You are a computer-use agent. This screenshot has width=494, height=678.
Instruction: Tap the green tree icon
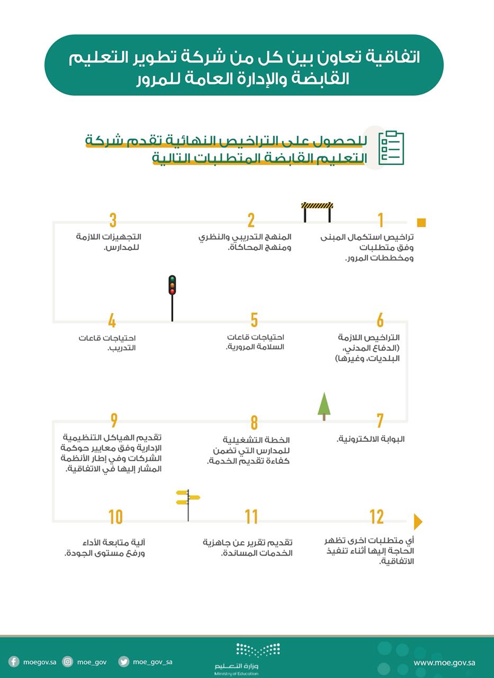(324, 405)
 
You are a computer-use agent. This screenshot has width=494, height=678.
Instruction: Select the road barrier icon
(317, 211)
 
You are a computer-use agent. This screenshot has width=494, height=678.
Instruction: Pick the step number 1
(380, 220)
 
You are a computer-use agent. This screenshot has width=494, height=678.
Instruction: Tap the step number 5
(254, 320)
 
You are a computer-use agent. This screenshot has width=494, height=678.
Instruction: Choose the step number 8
(254, 423)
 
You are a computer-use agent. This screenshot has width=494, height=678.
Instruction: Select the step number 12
(377, 517)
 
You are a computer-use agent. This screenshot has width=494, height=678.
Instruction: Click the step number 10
(115, 517)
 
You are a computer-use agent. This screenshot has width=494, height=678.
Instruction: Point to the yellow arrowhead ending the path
(418, 522)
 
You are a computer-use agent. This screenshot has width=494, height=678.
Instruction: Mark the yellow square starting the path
(421, 222)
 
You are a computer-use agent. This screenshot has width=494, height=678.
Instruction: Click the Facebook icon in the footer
(14, 662)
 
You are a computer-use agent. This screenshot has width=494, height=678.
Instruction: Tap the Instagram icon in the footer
(68, 662)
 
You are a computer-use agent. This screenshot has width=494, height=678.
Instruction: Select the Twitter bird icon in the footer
(124, 662)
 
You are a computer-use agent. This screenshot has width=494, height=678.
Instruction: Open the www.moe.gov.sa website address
(444, 662)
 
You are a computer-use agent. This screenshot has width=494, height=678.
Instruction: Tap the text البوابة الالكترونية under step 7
(371, 439)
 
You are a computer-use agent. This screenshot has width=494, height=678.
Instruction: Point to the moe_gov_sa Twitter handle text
(152, 662)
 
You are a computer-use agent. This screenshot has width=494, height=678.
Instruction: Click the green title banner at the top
(244, 65)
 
